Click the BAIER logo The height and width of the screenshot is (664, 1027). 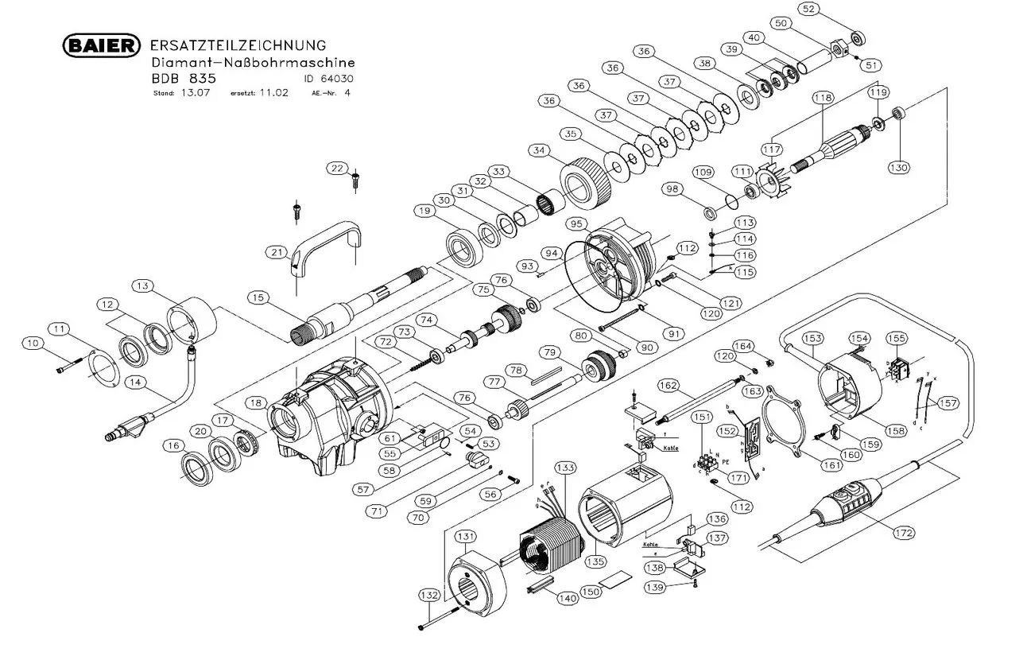pos(102,45)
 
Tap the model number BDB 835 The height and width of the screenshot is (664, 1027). pos(184,79)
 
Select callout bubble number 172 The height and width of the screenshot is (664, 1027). pos(903,532)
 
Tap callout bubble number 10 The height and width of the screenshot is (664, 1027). pos(33,344)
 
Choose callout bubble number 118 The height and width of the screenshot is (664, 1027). pos(822,98)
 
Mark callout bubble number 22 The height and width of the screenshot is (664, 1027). pos(338,168)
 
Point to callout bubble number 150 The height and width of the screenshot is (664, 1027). pos(590,592)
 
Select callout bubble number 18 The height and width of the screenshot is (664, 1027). pos(255,403)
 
